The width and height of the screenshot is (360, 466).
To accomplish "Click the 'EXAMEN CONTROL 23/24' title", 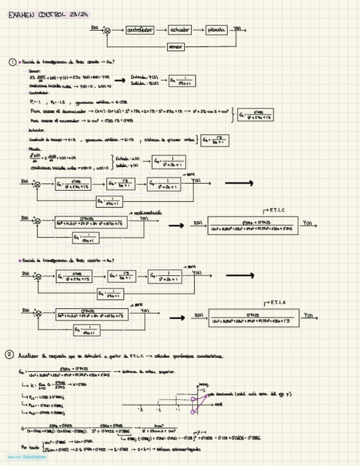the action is click(48, 15).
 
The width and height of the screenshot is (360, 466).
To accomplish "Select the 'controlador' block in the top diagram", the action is click(140, 30).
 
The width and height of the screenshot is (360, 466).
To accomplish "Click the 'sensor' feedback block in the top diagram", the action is click(175, 47).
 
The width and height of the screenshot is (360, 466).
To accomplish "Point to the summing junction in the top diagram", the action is click(107, 31).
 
